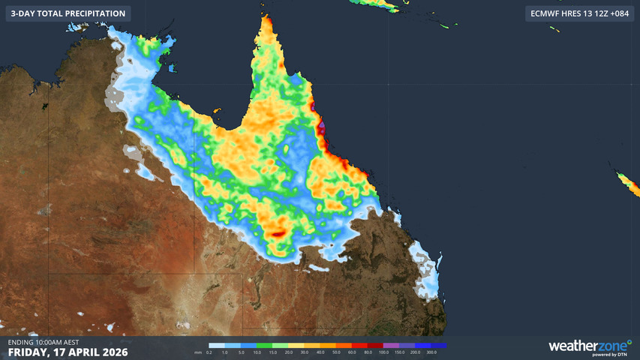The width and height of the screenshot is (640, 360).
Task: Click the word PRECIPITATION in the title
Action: (x=89, y=13)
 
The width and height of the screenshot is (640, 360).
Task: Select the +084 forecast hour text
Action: (x=617, y=13)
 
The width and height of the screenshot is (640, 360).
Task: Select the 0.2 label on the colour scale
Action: (x=209, y=352)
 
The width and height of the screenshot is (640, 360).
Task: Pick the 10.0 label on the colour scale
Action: (x=257, y=352)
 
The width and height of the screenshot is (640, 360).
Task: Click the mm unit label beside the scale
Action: (x=198, y=352)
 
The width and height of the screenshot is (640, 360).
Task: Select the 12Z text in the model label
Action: (x=595, y=13)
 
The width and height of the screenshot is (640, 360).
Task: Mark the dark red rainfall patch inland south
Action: (x=278, y=234)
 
